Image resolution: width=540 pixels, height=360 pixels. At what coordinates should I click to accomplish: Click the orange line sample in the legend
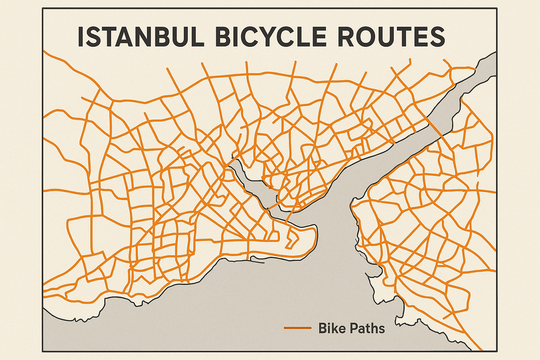pos(297,328)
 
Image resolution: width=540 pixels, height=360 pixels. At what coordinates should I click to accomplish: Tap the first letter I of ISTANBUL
pos(81,37)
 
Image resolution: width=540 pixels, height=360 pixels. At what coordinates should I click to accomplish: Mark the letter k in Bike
pos(334,328)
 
